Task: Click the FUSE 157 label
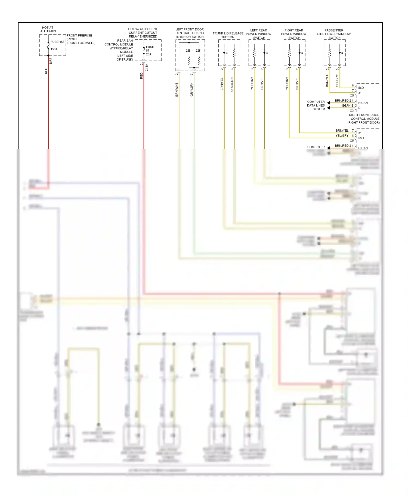pyautogui.click(x=57, y=42)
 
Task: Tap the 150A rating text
pyautogui.click(x=54, y=49)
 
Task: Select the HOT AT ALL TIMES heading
pyautogui.click(x=48, y=29)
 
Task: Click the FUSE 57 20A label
pyautogui.click(x=150, y=51)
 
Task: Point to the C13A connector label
pyautogui.click(x=147, y=67)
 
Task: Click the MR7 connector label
pyautogui.click(x=51, y=61)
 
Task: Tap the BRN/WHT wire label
pyautogui.click(x=177, y=90)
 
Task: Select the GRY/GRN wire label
pyautogui.click(x=191, y=89)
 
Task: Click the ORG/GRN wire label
pyautogui.click(x=232, y=84)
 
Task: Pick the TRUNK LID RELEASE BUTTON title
pyautogui.click(x=228, y=35)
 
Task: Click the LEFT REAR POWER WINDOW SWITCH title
pyautogui.click(x=258, y=34)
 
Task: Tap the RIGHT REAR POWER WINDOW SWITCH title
pyautogui.click(x=294, y=34)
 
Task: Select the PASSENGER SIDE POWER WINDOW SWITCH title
pyautogui.click(x=334, y=34)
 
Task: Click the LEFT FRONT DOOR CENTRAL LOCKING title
pyautogui.click(x=190, y=33)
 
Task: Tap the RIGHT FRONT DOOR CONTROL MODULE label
pyautogui.click(x=364, y=119)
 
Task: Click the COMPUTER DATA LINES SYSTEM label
pyautogui.click(x=316, y=105)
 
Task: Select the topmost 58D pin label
pyautogui.click(x=361, y=88)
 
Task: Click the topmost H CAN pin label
pyautogui.click(x=363, y=103)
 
